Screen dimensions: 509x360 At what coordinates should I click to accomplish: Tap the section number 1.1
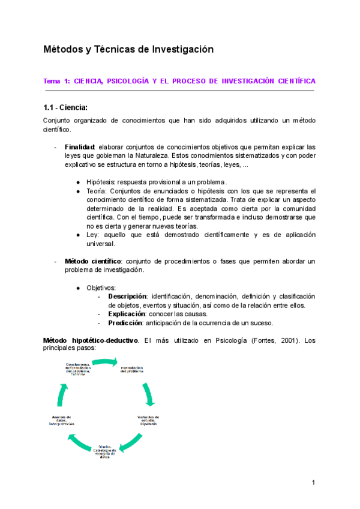pyautogui.click(x=49, y=108)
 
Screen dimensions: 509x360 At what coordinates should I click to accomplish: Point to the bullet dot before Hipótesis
pyautogui.click(x=79, y=181)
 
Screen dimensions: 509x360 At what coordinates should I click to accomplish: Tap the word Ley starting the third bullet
pyautogui.click(x=93, y=235)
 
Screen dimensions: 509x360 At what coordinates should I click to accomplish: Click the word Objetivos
pyautogui.click(x=101, y=288)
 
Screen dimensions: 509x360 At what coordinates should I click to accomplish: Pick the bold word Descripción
pyautogui.click(x=127, y=297)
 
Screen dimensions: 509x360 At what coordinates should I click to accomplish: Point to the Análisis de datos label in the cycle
pyautogui.click(x=62, y=420)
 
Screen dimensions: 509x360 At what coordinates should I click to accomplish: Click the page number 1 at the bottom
pyautogui.click(x=313, y=483)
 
